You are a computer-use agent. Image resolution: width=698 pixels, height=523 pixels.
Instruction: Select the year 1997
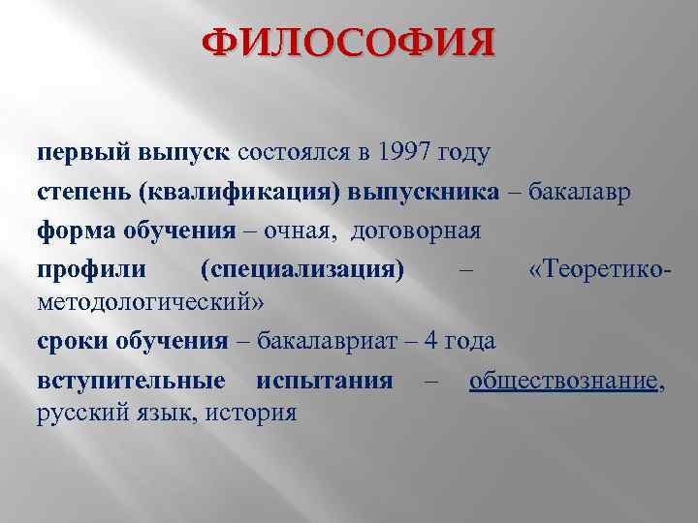coord(405,153)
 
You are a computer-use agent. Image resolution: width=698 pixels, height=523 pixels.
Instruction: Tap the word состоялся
coord(298,153)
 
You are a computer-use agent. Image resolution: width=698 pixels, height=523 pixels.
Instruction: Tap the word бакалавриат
coord(324,342)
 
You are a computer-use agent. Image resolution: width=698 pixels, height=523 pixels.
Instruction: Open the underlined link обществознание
coord(563,380)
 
